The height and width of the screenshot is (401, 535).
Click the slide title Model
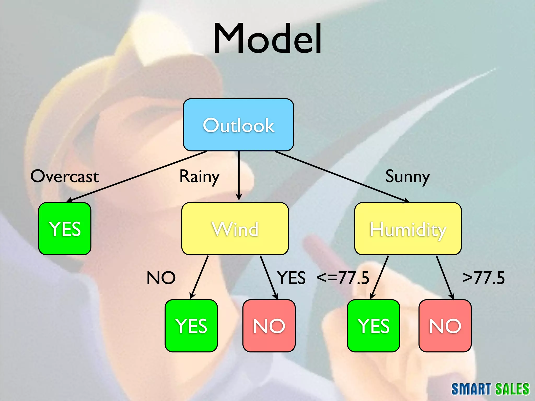(267, 39)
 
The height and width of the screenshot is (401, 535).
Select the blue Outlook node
(239, 125)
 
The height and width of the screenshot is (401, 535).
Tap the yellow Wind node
(235, 229)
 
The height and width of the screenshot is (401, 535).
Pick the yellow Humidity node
(408, 229)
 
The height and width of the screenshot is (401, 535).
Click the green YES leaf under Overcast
(65, 229)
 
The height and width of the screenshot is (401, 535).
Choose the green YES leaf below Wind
(191, 326)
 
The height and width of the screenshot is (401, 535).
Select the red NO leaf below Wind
(269, 326)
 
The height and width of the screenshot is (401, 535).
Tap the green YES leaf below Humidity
(374, 326)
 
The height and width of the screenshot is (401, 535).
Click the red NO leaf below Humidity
(445, 326)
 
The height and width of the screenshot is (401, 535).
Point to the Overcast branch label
(65, 176)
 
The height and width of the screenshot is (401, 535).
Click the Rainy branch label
(200, 177)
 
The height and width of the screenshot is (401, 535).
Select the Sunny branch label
(408, 177)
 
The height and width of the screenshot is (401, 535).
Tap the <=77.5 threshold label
(343, 278)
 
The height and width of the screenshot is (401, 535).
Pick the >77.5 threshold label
(484, 278)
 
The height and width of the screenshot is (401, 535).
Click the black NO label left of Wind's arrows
(161, 278)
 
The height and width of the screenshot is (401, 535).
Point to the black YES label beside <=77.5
(292, 278)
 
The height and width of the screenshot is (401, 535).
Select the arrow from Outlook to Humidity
(342, 177)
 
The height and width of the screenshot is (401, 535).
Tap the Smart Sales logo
(490, 389)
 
